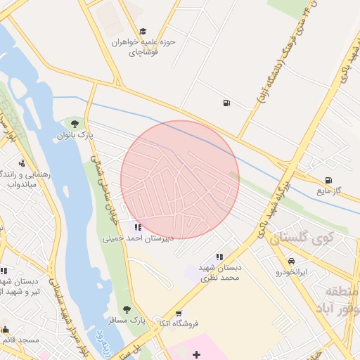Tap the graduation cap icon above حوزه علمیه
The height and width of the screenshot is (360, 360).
(x=143, y=32)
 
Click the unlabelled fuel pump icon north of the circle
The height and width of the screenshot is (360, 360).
(x=226, y=103)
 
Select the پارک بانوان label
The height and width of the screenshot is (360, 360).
(x=75, y=134)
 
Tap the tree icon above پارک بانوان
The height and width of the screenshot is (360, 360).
(x=75, y=124)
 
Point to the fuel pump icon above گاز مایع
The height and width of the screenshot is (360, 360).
(x=328, y=180)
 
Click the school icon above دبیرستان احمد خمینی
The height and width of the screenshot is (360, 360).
(x=138, y=227)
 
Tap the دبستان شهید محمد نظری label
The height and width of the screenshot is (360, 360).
(x=219, y=272)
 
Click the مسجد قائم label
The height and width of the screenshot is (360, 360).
(x=18, y=340)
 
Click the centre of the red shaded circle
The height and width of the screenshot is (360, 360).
(x=180, y=180)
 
